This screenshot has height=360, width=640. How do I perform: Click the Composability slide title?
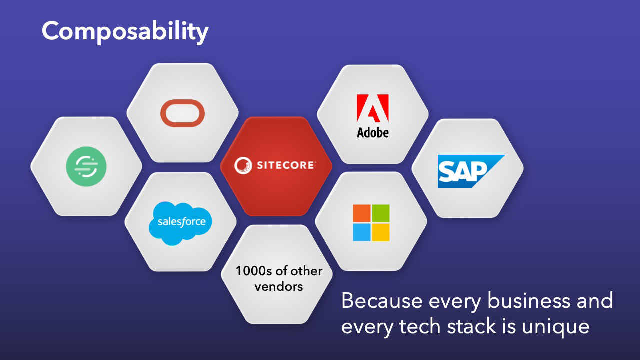click(x=125, y=32)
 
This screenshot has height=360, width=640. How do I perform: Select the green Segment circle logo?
click(x=86, y=166)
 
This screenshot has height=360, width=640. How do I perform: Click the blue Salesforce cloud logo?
click(x=180, y=223)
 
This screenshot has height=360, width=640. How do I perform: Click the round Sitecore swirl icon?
click(x=243, y=165)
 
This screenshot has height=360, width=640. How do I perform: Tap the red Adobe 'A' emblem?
click(x=373, y=108)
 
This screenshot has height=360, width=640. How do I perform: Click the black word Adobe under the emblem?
click(x=373, y=133)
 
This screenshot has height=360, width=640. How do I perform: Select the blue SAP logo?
click(x=471, y=171)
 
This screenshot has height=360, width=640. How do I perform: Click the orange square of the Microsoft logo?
click(x=361, y=213)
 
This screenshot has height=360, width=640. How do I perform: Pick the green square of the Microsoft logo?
click(x=380, y=213)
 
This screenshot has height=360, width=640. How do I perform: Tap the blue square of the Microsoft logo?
click(x=361, y=232)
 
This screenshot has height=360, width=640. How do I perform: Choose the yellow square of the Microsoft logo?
click(x=380, y=232)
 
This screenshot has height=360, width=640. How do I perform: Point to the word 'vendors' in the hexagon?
click(x=279, y=287)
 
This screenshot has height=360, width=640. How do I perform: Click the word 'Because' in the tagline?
click(x=382, y=301)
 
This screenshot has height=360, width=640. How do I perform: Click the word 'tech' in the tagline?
click(x=419, y=326)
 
